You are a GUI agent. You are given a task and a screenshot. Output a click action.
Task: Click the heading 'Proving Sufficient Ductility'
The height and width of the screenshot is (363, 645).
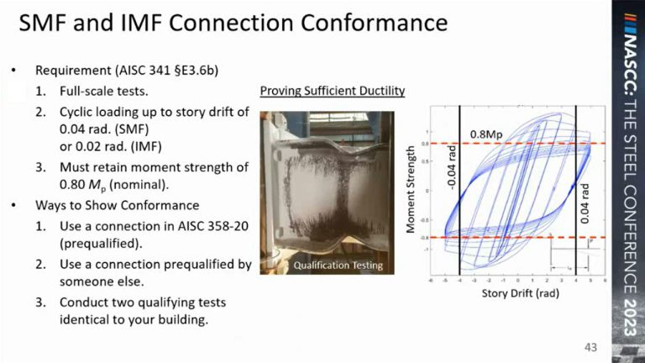click(332, 90)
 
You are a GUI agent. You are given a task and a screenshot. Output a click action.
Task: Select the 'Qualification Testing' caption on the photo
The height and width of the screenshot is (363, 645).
click(338, 266)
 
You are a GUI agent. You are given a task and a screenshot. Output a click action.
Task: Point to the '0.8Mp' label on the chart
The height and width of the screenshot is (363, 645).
click(487, 134)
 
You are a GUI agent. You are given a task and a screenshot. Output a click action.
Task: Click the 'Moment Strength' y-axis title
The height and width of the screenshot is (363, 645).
click(411, 190)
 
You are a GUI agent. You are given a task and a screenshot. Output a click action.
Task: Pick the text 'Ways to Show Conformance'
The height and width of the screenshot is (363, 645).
click(105, 205)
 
